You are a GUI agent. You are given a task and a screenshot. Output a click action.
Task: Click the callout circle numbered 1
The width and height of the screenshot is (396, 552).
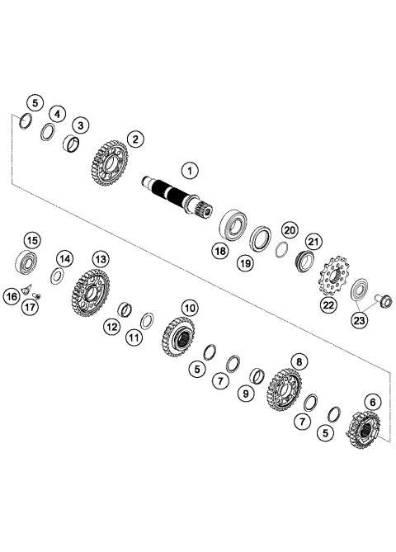tap(191, 172)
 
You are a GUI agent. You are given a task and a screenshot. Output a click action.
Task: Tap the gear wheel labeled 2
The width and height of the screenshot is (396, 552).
tap(80, 125)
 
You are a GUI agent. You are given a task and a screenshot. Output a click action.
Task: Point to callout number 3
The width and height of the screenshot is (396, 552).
tap(57, 113)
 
